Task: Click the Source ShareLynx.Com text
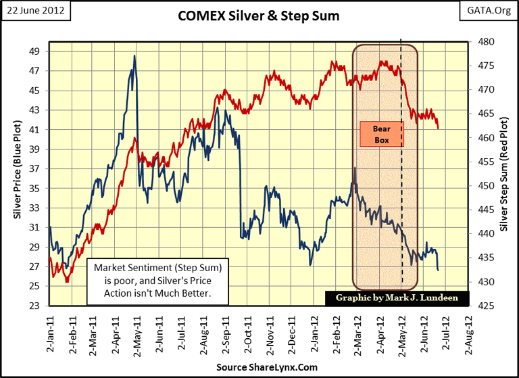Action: [259, 367]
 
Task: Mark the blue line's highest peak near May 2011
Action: [134, 55]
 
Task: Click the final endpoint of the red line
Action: [439, 128]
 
